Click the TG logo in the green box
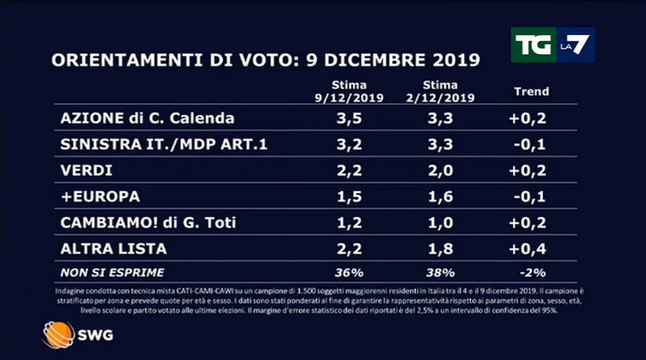pyautogui.click(x=534, y=45)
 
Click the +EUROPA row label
pyautogui.click(x=100, y=197)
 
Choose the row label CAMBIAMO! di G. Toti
pyautogui.click(x=144, y=222)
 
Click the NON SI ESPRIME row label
pyautogui.click(x=112, y=273)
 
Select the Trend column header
pyautogui.click(x=531, y=91)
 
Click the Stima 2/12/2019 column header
pyautogui.click(x=440, y=91)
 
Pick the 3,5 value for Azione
pyautogui.click(x=349, y=118)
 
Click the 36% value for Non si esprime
pyautogui.click(x=349, y=273)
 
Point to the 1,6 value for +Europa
pyautogui.click(x=440, y=197)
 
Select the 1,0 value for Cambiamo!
pyautogui.click(x=440, y=222)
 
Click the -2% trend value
pyautogui.click(x=531, y=273)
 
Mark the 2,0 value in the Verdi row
pyautogui.click(x=440, y=170)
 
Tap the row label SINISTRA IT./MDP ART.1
pyautogui.click(x=163, y=144)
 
